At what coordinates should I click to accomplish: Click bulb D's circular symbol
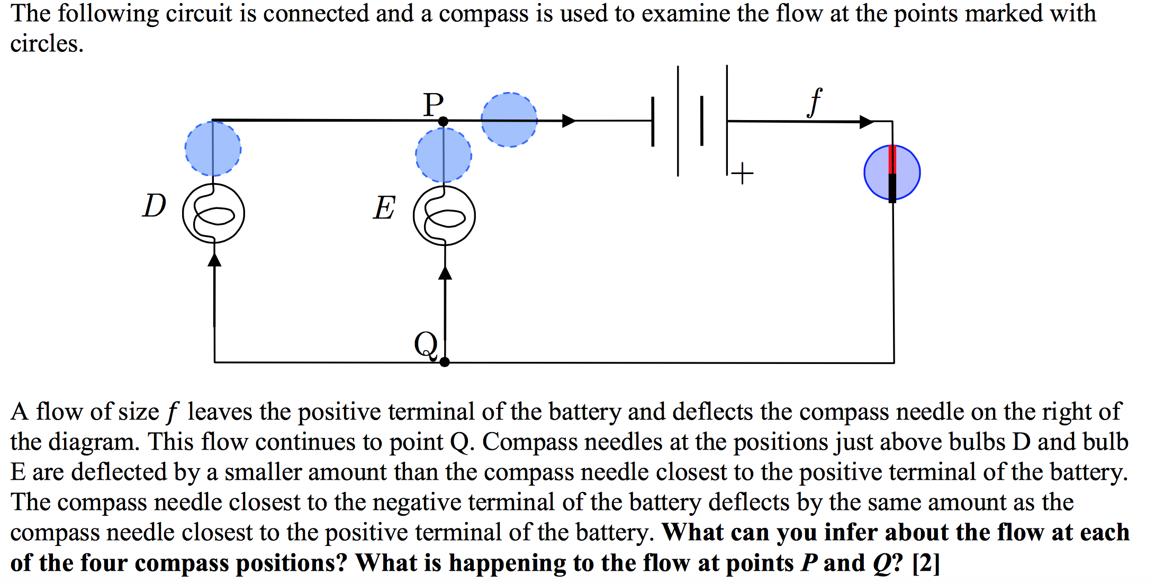coord(213,213)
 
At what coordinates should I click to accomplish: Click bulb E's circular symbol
coord(444,215)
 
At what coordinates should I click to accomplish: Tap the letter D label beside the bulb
coord(154,205)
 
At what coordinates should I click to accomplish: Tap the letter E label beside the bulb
coord(384,207)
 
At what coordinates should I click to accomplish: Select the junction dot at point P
coord(444,122)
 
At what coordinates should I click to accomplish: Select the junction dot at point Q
coord(445,362)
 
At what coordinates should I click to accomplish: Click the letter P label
coord(433,104)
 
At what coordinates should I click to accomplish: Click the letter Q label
coord(426,344)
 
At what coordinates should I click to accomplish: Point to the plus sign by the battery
coord(743,173)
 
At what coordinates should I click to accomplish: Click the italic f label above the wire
coord(815,102)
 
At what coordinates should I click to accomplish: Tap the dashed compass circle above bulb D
coord(213,149)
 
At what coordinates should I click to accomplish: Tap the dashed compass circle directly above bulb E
coord(444,155)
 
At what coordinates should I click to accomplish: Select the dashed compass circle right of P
coord(509,120)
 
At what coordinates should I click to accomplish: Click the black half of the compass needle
coord(892,187)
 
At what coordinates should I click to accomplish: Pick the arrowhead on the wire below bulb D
coord(214,259)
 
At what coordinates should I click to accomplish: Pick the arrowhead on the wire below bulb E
coord(445,272)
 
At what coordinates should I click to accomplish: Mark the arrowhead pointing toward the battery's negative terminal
coord(569,121)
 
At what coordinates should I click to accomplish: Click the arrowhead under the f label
coord(866,122)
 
